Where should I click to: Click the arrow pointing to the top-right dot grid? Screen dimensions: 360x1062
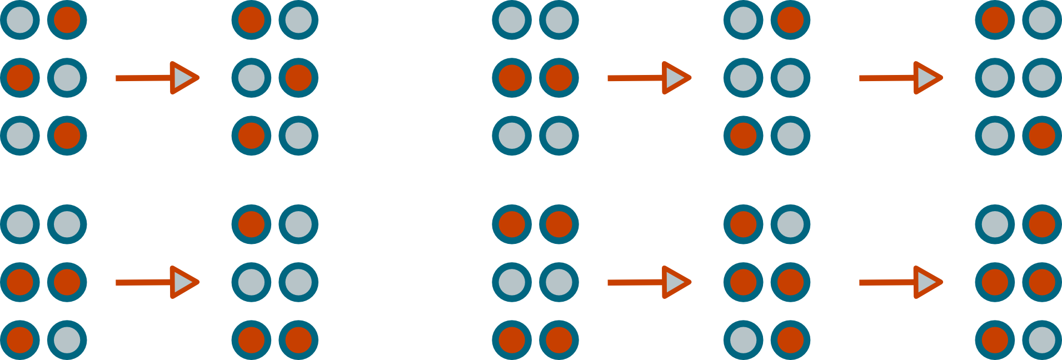pos(900,78)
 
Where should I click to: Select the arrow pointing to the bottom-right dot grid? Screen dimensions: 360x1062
pos(900,282)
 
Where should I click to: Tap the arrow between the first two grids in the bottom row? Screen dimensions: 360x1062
pos(157,282)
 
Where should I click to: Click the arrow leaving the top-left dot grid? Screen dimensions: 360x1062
pos(157,78)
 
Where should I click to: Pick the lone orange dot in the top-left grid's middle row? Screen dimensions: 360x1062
pos(20,78)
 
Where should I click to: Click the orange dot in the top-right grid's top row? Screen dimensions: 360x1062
pos(995,20)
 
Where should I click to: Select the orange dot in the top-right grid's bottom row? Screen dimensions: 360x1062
pos(1042,136)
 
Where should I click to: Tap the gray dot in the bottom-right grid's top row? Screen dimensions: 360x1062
pos(995,224)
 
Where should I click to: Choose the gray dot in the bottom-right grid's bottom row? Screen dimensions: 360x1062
pos(1042,340)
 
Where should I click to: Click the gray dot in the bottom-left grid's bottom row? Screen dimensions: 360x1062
pos(67,340)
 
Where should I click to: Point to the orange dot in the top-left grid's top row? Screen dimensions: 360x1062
pos(67,20)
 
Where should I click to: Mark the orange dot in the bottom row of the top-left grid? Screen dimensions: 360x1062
pos(67,136)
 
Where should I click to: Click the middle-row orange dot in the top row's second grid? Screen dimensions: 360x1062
pos(298,78)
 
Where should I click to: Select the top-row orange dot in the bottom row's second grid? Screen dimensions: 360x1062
pos(251,224)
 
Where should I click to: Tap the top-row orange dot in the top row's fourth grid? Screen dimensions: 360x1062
pos(790,20)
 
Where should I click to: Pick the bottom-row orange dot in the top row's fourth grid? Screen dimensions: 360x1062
pos(743,136)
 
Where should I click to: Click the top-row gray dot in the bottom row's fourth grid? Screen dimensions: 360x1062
pos(790,224)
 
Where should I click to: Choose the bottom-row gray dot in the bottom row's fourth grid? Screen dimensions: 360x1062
pos(743,340)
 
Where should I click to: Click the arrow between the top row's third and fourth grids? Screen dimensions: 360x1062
pos(649,78)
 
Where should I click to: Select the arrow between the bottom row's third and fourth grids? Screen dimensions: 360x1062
pos(649,282)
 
